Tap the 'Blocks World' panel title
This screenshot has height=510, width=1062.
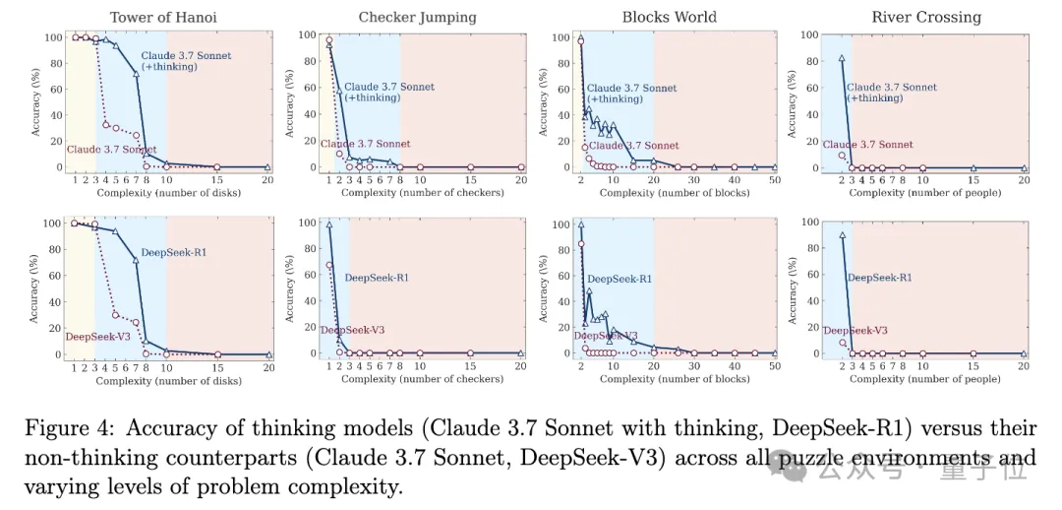[670, 17]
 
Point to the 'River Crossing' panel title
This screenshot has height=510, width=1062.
[925, 17]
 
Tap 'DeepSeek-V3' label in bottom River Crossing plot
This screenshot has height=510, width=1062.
[855, 331]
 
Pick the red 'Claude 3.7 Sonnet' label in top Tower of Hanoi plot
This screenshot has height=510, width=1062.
[110, 150]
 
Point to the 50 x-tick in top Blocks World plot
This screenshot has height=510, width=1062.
[775, 180]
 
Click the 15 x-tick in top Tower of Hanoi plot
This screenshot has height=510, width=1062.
[217, 180]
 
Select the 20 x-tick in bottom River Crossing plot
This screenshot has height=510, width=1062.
[1024, 366]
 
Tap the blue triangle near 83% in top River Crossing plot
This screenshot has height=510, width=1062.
[842, 58]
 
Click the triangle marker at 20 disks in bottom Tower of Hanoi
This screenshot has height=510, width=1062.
[268, 354]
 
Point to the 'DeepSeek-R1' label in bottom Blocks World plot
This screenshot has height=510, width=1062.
[622, 279]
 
